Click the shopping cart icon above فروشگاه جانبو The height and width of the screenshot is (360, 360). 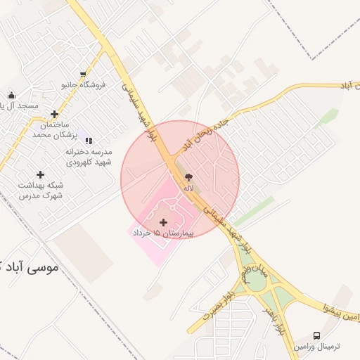(x=84, y=75)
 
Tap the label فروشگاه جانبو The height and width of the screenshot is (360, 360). (x=83, y=85)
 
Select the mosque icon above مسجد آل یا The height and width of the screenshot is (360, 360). (x=11, y=96)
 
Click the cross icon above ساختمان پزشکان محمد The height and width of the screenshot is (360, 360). (x=54, y=114)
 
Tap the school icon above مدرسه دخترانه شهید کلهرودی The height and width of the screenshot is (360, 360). (x=89, y=141)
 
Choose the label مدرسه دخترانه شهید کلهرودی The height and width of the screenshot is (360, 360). (x=88, y=156)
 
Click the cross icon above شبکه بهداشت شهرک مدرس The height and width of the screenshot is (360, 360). (x=40, y=174)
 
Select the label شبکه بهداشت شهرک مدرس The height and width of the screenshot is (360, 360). (x=40, y=190)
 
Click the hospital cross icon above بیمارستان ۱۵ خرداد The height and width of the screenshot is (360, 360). (x=164, y=222)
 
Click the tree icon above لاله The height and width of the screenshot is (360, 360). (x=188, y=178)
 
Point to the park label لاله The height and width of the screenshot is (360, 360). (x=188, y=188)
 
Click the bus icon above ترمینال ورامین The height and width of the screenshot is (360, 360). (x=317, y=335)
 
